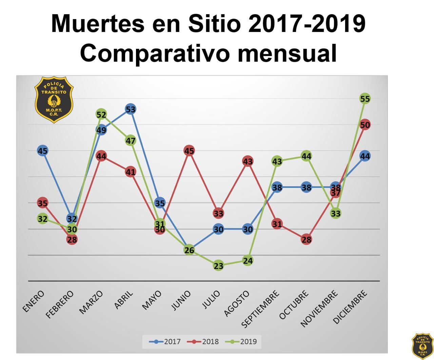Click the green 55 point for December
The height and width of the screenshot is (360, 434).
(x=365, y=99)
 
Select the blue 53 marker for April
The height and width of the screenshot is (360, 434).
(x=131, y=109)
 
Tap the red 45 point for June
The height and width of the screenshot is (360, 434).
(x=189, y=151)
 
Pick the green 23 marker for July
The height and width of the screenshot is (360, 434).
(x=218, y=266)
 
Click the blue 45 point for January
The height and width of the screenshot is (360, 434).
(x=42, y=151)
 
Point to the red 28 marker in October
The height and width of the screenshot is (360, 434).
(x=307, y=240)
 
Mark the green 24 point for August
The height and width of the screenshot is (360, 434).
(x=248, y=261)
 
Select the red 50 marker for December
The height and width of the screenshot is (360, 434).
(x=365, y=125)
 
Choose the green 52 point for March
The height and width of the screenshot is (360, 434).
(x=101, y=114)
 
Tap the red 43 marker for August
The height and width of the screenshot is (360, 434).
(x=248, y=161)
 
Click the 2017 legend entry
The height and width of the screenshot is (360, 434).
(x=165, y=342)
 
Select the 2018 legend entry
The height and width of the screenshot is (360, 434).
(x=203, y=342)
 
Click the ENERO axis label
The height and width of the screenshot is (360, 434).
(x=33, y=301)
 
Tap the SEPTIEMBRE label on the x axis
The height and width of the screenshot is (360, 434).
(x=261, y=309)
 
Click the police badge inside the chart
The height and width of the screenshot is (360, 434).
(x=54, y=99)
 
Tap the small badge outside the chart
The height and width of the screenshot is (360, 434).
(x=422, y=346)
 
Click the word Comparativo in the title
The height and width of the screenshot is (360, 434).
(x=153, y=53)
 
